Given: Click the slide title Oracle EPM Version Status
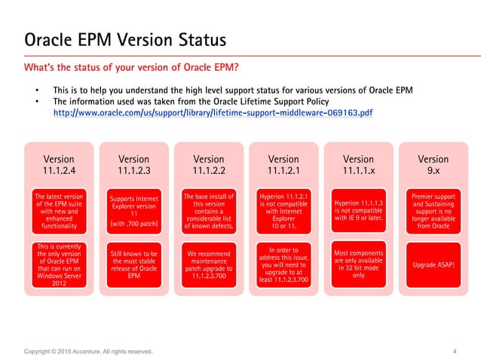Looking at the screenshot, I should pyautogui.click(x=125, y=38).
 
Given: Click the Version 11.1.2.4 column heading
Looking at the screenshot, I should pyautogui.click(x=59, y=164).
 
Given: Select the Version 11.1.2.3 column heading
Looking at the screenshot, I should pyautogui.click(x=133, y=164).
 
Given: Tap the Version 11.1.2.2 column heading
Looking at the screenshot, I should pyautogui.click(x=208, y=164).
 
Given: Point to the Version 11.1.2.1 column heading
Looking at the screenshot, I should pyautogui.click(x=283, y=164).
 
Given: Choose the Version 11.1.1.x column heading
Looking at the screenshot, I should pyautogui.click(x=358, y=164).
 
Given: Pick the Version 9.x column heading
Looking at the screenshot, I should pyautogui.click(x=433, y=164).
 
